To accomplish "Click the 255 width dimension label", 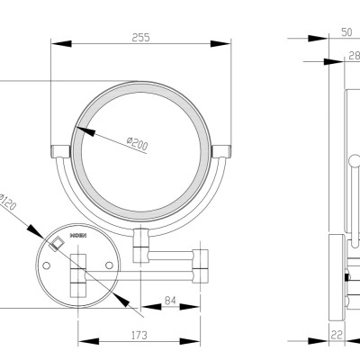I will (x=139, y=37).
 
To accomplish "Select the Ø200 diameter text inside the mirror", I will (x=138, y=143).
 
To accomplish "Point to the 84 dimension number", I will (x=170, y=301).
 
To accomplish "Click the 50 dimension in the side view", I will (x=321, y=31).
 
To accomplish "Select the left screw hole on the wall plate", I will (x=45, y=265).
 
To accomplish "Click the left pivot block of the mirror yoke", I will (x=60, y=149).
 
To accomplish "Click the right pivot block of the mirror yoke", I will (x=220, y=149).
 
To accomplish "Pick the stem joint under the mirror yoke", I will (x=140, y=238).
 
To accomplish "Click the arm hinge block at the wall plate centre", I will (x=78, y=274).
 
